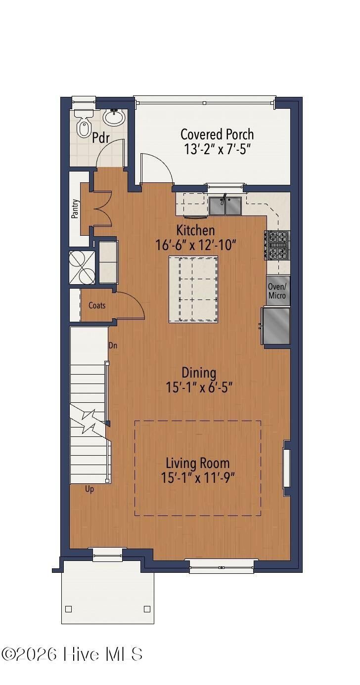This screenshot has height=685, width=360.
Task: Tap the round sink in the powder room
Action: pos(114,118)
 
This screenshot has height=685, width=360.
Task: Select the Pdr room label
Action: pos(101,138)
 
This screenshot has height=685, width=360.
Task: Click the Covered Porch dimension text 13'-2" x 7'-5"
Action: pos(218,149)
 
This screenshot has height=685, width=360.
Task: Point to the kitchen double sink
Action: pos(225,206)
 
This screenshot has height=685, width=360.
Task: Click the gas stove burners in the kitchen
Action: pos(278,246)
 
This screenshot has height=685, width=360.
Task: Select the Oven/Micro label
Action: pos(277,291)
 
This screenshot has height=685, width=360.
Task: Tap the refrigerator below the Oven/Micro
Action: pos(277,326)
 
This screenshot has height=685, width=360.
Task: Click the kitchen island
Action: pos(193,289)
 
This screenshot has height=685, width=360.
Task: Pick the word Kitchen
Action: pos(196,230)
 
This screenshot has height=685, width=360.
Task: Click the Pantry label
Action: pos(75,209)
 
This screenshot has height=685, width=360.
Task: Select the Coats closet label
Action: pos(97,305)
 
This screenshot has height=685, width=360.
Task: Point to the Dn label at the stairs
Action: pos(113,345)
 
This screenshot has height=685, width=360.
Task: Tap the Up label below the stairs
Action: pos(90,489)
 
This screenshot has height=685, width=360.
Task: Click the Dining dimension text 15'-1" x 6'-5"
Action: pos(199,387)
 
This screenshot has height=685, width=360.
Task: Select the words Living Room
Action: pos(197,463)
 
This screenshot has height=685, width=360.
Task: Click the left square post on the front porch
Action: pos(69,609)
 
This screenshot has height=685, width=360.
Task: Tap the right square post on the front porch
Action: pos(147,609)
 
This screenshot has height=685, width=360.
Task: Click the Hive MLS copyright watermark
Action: pos(72,654)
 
